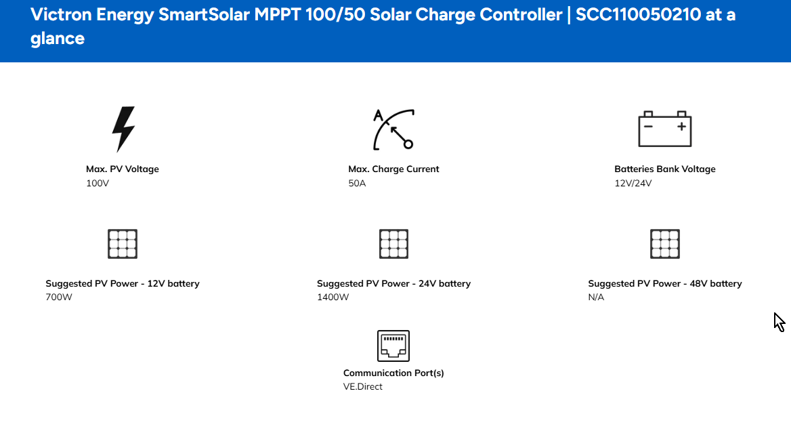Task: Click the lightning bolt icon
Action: (123, 129)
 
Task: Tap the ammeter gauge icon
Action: (393, 129)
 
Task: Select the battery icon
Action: (665, 129)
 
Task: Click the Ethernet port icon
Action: (393, 346)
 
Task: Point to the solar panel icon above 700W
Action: (123, 244)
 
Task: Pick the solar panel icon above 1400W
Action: (393, 244)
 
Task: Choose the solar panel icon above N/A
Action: (665, 244)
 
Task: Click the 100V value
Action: (98, 183)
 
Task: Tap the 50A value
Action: (357, 183)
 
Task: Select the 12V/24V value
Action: (633, 183)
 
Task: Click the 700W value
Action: (59, 297)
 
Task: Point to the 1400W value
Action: (333, 297)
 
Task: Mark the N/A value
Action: (596, 297)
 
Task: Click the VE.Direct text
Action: (363, 386)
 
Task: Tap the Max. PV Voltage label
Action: (123, 169)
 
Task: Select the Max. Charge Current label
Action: (393, 169)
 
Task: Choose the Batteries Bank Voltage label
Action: (665, 169)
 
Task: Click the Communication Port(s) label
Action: (393, 373)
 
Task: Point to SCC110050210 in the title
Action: (638, 15)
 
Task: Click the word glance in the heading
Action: (58, 39)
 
